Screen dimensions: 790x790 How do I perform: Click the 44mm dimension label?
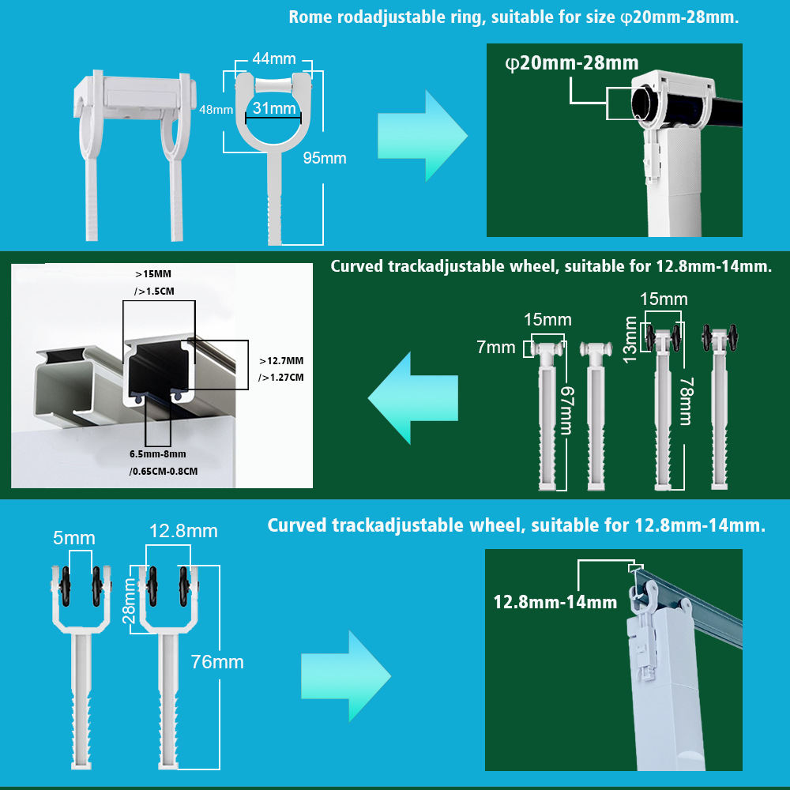point(273,58)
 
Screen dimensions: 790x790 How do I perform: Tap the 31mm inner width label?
point(273,107)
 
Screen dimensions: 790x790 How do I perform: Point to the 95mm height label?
point(325,158)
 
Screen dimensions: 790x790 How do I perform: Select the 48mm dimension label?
point(216,109)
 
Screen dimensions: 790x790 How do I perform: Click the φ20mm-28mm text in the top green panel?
point(572,63)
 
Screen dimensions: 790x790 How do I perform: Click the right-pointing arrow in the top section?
point(422,136)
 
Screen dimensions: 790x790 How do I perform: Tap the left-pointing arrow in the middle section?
point(413,398)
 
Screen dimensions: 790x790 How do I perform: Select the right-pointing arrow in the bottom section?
point(346,676)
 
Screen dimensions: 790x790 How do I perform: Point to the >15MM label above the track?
point(153,274)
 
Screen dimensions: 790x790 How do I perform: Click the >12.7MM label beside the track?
point(281,361)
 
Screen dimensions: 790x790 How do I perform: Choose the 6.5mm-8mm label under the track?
point(158,454)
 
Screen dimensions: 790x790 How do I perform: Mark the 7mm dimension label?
point(496,347)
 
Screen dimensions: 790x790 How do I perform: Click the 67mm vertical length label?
point(567,410)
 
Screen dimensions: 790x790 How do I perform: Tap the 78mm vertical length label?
point(687,401)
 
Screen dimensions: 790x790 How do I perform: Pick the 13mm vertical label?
point(630,340)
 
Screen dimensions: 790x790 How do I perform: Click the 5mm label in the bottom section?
point(74,537)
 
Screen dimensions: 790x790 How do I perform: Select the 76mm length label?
point(217,661)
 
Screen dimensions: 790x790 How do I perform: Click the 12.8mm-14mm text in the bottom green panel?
point(555,602)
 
